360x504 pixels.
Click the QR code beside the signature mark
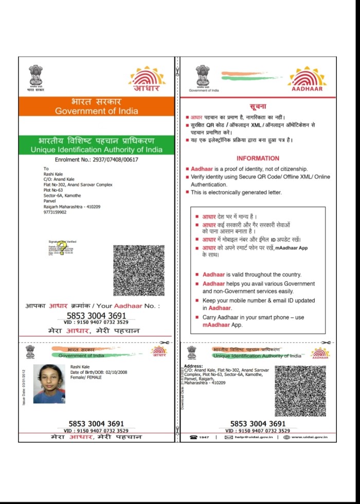click(138, 270)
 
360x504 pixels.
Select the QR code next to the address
click(300, 391)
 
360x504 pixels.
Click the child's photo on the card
click(49, 383)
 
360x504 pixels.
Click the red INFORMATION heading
click(258, 158)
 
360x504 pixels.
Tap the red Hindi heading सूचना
click(258, 106)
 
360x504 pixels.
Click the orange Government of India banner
click(96, 106)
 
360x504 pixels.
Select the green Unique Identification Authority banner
click(96, 145)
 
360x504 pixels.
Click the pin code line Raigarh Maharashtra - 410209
click(72, 207)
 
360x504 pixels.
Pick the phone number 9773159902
click(55, 212)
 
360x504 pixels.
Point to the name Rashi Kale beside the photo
click(80, 366)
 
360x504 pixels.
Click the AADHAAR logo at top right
click(307, 80)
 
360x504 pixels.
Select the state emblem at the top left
click(36, 77)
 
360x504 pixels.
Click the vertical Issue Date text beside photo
click(24, 386)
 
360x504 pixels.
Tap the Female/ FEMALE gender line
click(86, 377)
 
